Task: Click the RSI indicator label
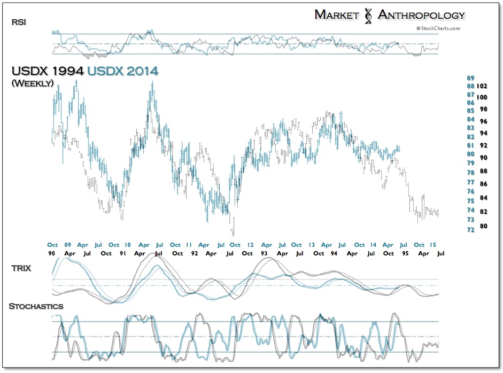(x=18, y=22)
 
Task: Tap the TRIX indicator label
(x=20, y=268)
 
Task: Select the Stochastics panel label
(x=36, y=306)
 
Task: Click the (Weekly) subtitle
(x=32, y=83)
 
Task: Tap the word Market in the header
(x=336, y=14)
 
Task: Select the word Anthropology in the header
(x=421, y=14)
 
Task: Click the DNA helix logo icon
(x=368, y=15)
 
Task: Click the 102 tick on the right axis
(x=482, y=86)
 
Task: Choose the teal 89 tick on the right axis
(x=471, y=77)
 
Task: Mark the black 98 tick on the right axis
(x=482, y=109)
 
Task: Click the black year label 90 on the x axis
(x=52, y=253)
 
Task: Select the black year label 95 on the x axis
(x=404, y=253)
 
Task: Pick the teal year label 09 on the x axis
(x=67, y=245)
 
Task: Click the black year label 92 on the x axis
(x=195, y=253)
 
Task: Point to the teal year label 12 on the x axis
(x=250, y=245)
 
